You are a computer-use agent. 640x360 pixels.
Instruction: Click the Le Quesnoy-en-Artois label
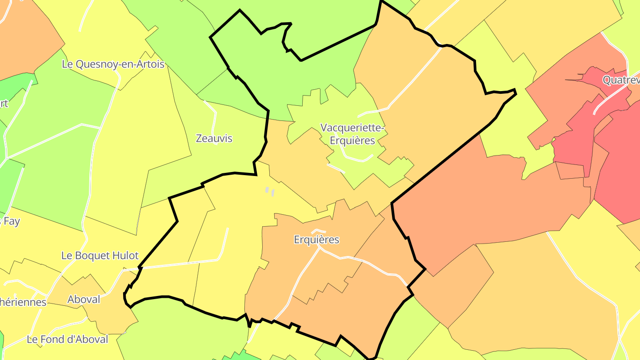[x=113, y=64]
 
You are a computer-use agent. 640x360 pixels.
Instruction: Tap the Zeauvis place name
[x=214, y=138]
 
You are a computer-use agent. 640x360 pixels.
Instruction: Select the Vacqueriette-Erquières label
[x=352, y=134]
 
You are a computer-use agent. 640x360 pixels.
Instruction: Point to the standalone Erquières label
[x=316, y=240]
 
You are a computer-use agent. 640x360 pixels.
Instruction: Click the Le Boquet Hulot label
[x=100, y=256]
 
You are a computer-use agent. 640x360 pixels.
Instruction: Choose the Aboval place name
[x=84, y=300]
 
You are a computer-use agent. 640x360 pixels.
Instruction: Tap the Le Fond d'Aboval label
[x=68, y=339]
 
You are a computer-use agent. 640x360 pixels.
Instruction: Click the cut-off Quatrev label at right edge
[x=621, y=80]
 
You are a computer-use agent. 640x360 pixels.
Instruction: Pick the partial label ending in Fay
[x=11, y=221]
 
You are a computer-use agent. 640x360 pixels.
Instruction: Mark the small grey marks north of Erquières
[x=270, y=191]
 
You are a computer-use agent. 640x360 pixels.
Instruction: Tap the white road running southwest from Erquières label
[x=302, y=276]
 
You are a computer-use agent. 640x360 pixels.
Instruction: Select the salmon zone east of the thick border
[x=489, y=200]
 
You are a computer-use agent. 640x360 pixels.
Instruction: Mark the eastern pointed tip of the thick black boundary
[x=515, y=91]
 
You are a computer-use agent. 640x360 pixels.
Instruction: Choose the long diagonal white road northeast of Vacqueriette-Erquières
[x=413, y=80]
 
